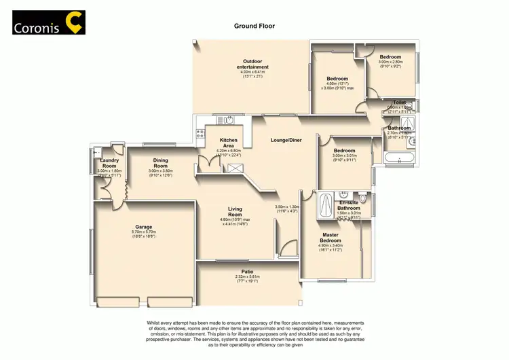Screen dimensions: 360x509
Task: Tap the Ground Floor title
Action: pos(254,26)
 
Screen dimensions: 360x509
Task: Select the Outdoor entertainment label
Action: pos(252,65)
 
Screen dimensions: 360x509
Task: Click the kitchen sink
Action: pos(229,121)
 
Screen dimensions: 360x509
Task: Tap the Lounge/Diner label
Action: pos(286,141)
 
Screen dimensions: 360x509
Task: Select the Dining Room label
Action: pos(160,163)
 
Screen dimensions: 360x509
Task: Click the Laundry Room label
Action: pos(109,163)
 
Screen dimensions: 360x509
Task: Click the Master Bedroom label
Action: pos(331,238)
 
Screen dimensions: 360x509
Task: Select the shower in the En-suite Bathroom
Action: pos(326,204)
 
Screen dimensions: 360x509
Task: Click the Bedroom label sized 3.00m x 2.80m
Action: pos(390,57)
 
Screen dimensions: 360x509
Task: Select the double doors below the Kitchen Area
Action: pos(206,164)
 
